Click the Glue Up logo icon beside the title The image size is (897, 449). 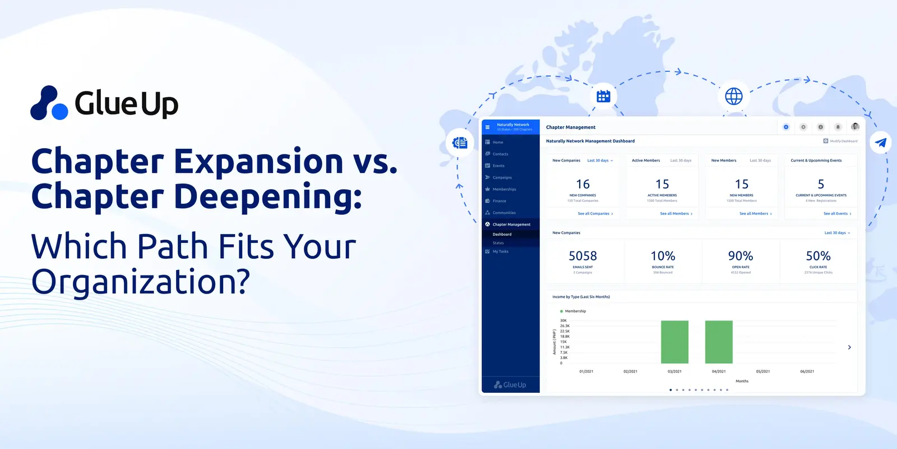pos(49,103)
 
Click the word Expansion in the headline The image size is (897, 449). pos(258,162)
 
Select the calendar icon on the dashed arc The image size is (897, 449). pos(603,96)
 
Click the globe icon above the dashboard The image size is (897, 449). pos(733,96)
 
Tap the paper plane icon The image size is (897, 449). pos(881,143)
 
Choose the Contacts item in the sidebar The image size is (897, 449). pos(500,154)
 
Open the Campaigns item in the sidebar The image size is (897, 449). pos(502,177)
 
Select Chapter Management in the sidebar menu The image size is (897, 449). pos(511,224)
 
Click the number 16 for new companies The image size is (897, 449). pos(582,184)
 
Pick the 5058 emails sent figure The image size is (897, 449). pos(582,256)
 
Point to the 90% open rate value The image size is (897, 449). pos(740,256)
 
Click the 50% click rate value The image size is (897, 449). pos(818,256)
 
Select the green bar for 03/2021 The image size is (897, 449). pos(674,342)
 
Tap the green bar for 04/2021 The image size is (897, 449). pos(719,342)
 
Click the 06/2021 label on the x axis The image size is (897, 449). pos(807,372)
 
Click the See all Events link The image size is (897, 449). pos(836,214)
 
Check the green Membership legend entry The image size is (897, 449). pos(573,311)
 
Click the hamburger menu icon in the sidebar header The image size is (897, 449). pos(487,127)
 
